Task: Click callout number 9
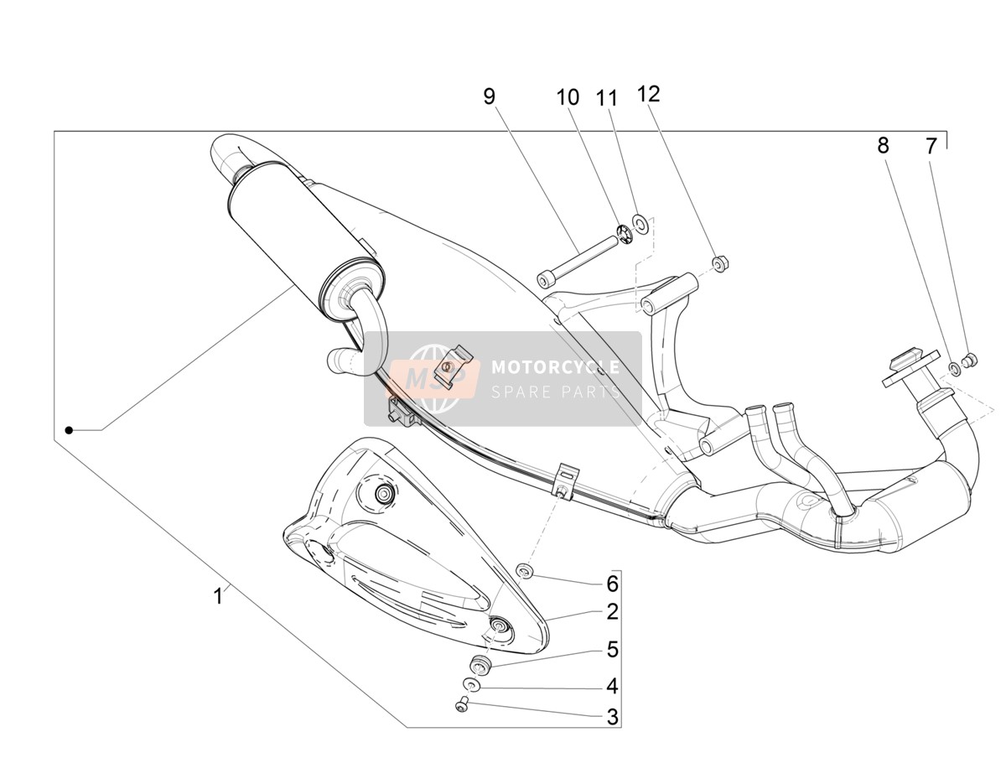tap(490, 96)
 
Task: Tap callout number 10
tap(568, 97)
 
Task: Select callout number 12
tap(648, 94)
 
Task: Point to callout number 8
tap(883, 145)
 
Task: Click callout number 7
tap(931, 146)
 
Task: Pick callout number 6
tap(612, 584)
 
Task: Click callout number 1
tap(218, 596)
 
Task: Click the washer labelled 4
tap(470, 698)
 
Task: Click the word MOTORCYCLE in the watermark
tap(555, 366)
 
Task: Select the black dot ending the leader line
tap(69, 430)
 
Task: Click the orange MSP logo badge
tap(434, 378)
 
